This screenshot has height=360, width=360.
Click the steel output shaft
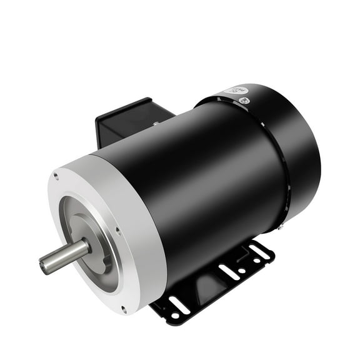coord(65,254)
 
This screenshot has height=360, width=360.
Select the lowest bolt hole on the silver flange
coord(124,308)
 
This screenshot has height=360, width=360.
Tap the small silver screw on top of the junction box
coord(154,124)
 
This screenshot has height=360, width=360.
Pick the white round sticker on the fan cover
coord(233,92)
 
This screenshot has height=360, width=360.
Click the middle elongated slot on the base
coord(228,272)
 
